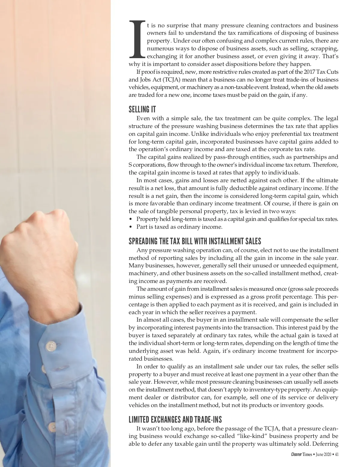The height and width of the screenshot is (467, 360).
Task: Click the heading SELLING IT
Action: (142, 109)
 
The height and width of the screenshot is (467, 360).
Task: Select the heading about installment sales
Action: (195, 241)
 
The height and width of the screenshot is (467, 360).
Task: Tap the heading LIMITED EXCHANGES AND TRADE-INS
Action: (175, 419)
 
